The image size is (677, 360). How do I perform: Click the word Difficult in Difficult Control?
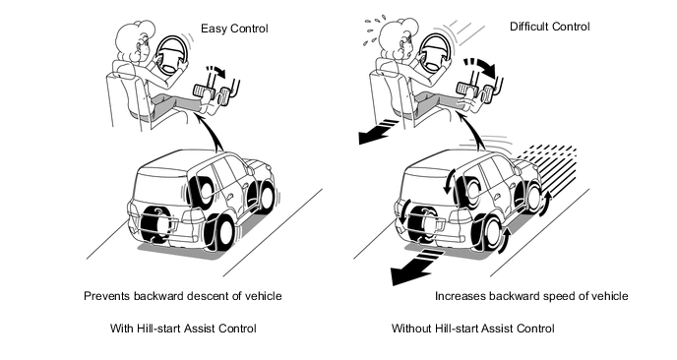click(529, 27)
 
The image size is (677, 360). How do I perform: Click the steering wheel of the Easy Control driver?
click(171, 54)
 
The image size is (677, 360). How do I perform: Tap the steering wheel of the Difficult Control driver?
click(435, 53)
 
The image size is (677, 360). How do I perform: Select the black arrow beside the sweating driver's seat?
click(377, 131)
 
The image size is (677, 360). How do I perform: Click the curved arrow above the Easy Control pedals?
click(217, 71)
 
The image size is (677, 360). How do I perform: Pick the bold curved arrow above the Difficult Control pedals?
click(481, 66)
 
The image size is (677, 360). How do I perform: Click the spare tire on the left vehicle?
click(155, 223)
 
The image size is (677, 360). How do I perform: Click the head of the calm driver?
click(137, 40)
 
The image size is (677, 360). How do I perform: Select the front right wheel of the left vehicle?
click(265, 198)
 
